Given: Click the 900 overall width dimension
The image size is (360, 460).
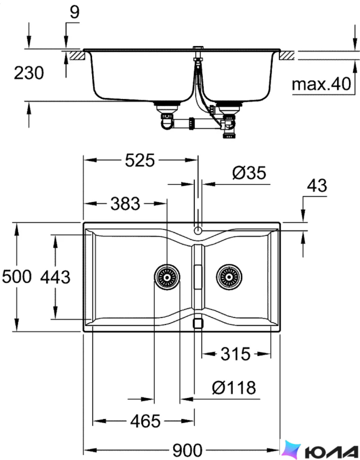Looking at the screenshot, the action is pyautogui.click(x=188, y=450).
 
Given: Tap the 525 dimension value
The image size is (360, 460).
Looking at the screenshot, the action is pyautogui.click(x=140, y=161).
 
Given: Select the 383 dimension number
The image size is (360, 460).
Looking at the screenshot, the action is pyautogui.click(x=126, y=204).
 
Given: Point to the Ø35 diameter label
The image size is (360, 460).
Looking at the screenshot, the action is pyautogui.click(x=249, y=173).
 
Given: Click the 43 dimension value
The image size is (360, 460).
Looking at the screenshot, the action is pyautogui.click(x=317, y=186).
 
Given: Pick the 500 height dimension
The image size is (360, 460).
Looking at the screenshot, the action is pyautogui.click(x=17, y=277).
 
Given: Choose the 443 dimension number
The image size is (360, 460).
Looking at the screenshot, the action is pyautogui.click(x=55, y=277).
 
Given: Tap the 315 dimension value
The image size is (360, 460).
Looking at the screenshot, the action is pyautogui.click(x=236, y=354).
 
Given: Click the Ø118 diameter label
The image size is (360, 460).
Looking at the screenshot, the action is pyautogui.click(x=234, y=388).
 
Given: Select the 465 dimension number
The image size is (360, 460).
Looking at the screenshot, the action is pyautogui.click(x=145, y=421).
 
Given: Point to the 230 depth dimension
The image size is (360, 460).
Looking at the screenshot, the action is pyautogui.click(x=29, y=73).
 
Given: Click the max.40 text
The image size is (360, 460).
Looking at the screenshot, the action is pyautogui.click(x=321, y=84).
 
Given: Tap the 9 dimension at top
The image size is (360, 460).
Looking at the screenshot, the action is pyautogui.click(x=75, y=12).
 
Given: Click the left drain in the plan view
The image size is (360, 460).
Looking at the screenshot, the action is pyautogui.click(x=167, y=277).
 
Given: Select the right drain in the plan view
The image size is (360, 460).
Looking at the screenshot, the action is pyautogui.click(x=229, y=277).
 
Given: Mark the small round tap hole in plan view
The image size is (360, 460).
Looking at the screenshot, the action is pyautogui.click(x=198, y=230).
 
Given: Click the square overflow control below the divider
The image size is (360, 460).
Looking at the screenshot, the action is pyautogui.click(x=198, y=323).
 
